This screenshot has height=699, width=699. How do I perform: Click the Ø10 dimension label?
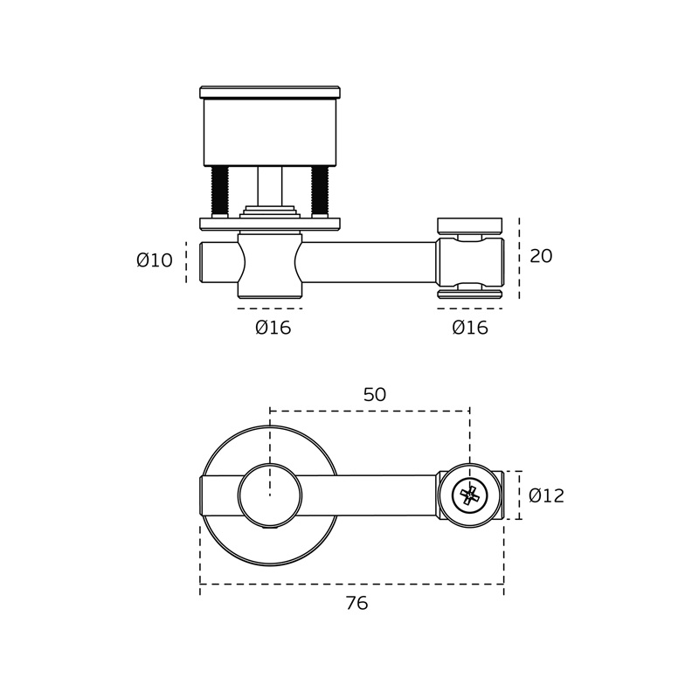click(155, 260)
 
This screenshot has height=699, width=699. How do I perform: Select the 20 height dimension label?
click(541, 256)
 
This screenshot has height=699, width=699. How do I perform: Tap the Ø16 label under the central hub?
click(273, 328)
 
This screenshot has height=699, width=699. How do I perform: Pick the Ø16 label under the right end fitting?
click(470, 328)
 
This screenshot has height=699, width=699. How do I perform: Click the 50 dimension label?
click(375, 395)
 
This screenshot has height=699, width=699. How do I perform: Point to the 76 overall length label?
click(356, 603)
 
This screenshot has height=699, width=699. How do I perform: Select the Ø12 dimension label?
click(547, 495)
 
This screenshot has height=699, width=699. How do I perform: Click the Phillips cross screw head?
click(470, 495)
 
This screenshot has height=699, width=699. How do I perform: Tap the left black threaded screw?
click(220, 190)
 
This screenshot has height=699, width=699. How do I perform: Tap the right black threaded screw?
click(320, 190)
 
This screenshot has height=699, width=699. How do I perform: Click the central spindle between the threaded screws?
click(270, 186)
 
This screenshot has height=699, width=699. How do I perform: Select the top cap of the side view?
click(270, 93)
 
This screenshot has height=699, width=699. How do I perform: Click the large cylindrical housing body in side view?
click(270, 133)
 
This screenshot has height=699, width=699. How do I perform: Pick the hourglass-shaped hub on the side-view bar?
click(270, 266)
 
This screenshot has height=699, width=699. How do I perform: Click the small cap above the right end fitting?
click(470, 226)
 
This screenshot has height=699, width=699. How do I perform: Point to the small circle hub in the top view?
click(270, 495)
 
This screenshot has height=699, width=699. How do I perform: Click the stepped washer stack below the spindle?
click(270, 211)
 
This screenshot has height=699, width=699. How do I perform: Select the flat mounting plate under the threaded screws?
click(270, 225)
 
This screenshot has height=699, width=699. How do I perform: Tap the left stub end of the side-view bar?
click(219, 263)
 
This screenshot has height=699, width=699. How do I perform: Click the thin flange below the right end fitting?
click(470, 294)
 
